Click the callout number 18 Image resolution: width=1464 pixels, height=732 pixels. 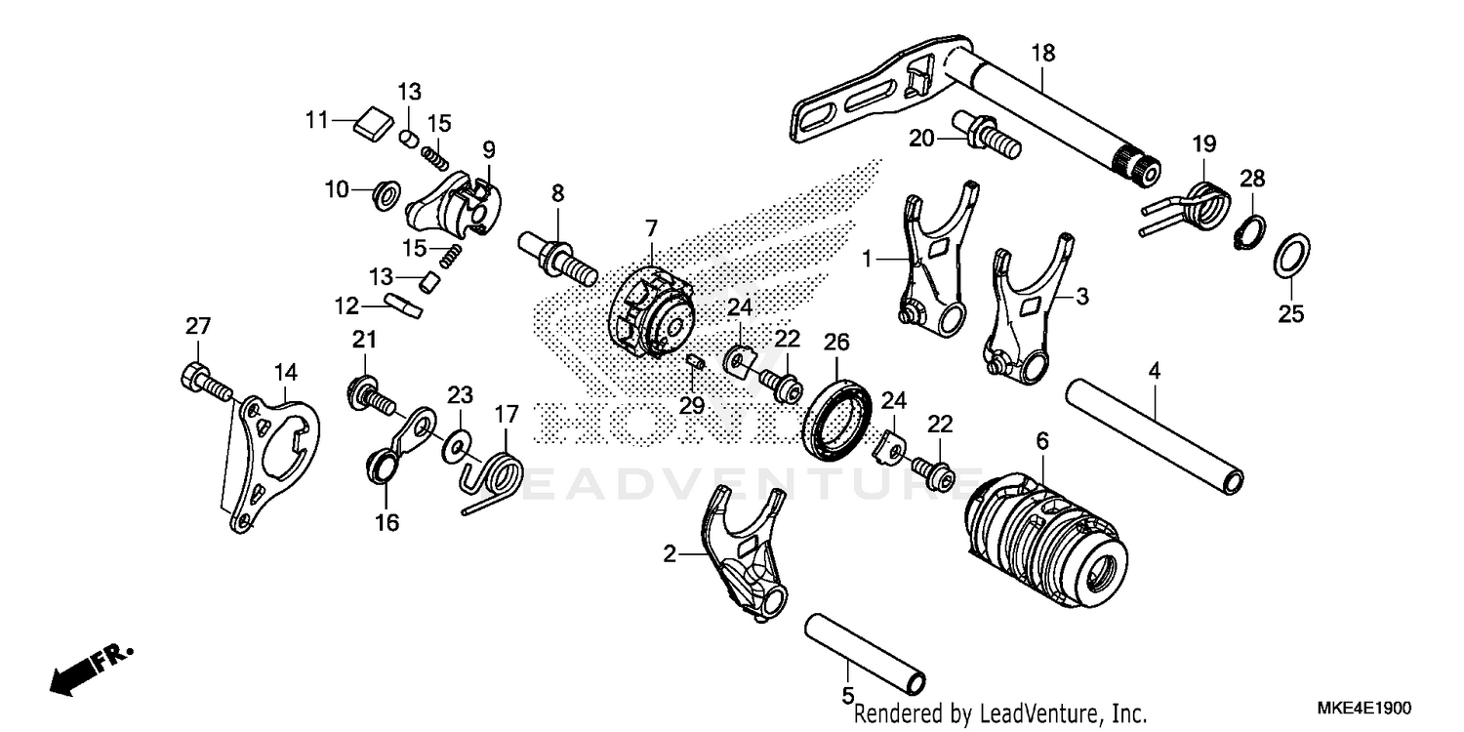1042,53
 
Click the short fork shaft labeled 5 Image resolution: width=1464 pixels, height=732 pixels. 864,650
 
